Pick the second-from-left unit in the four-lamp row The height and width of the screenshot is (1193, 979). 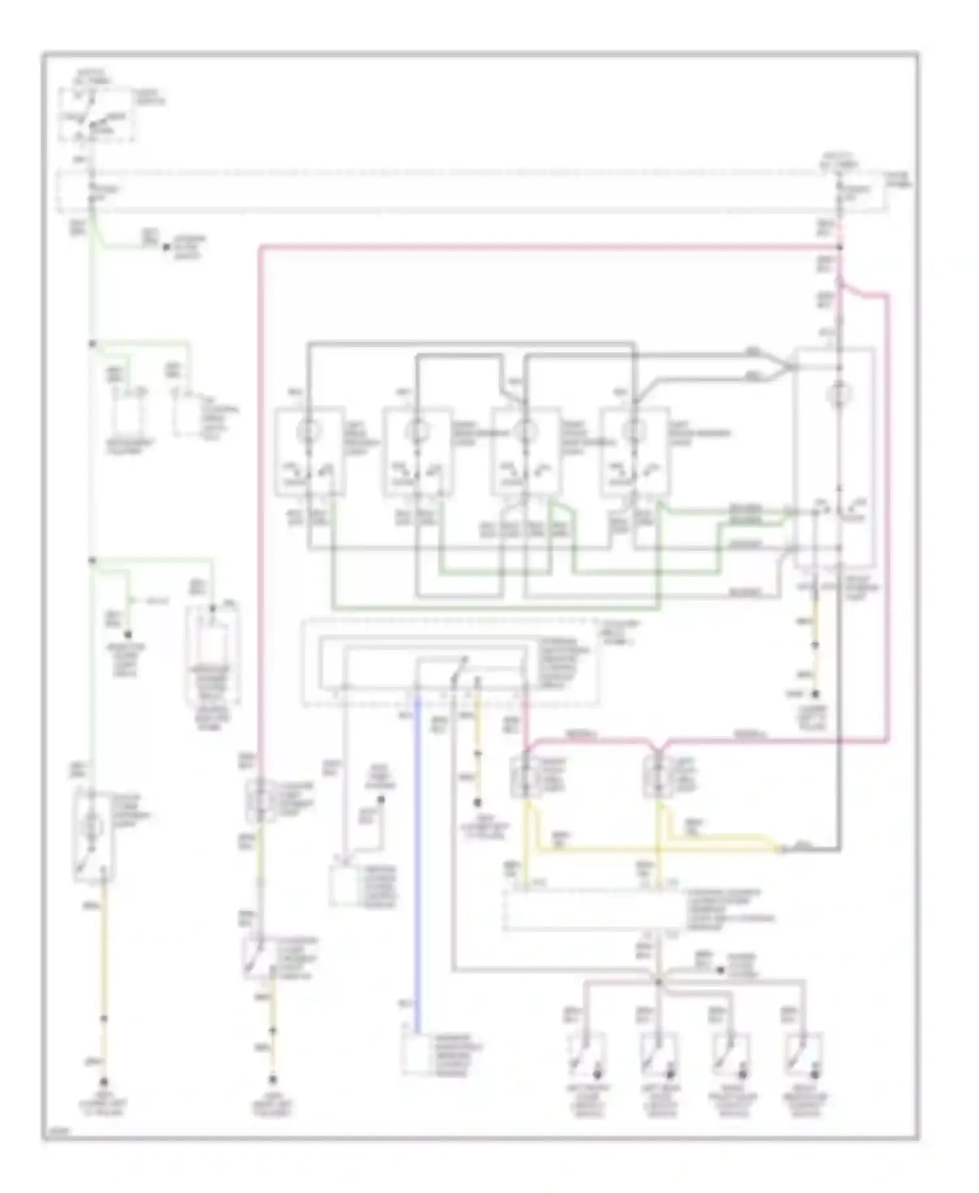click(x=417, y=452)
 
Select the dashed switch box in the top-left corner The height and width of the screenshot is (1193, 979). click(x=97, y=114)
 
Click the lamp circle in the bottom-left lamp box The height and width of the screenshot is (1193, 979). click(x=91, y=826)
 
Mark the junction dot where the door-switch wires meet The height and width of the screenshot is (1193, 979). click(x=659, y=981)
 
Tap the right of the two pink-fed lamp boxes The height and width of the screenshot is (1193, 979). click(x=657, y=776)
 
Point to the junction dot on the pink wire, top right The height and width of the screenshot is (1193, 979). click(x=839, y=248)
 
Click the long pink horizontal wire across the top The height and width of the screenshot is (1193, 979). click(x=548, y=247)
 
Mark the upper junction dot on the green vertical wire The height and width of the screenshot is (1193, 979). click(x=92, y=343)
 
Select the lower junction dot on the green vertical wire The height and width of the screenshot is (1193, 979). click(x=92, y=560)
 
